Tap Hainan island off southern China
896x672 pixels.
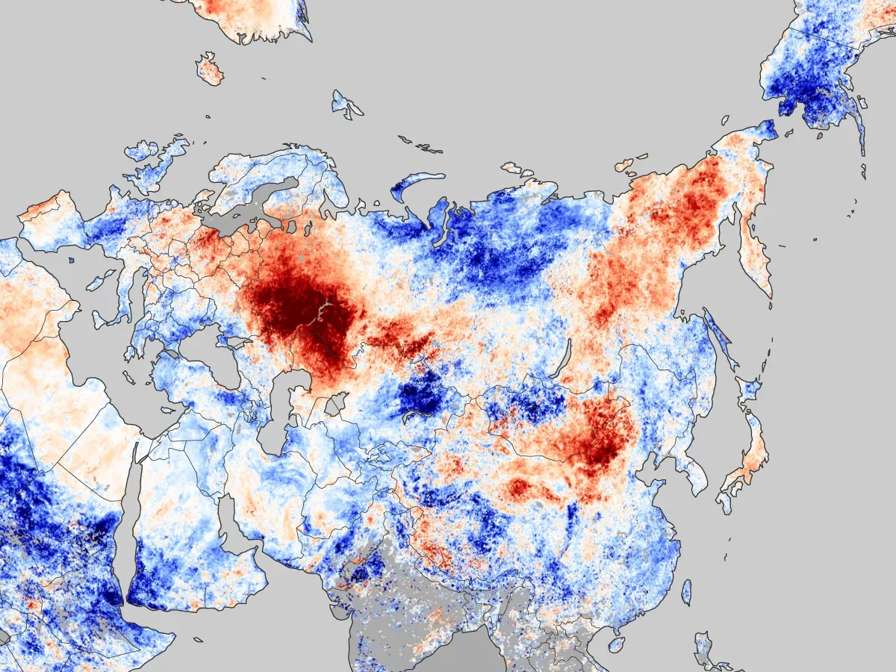point(616,644)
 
